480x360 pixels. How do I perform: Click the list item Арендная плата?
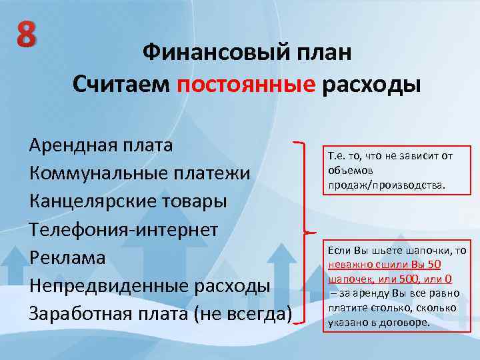pyautogui.click(x=101, y=145)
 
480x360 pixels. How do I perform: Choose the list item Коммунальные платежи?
pyautogui.click(x=140, y=173)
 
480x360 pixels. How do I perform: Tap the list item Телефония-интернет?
pyautogui.click(x=123, y=229)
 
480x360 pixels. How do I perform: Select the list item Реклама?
pyautogui.click(x=67, y=257)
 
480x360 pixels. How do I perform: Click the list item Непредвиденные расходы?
pyautogui.click(x=149, y=285)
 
